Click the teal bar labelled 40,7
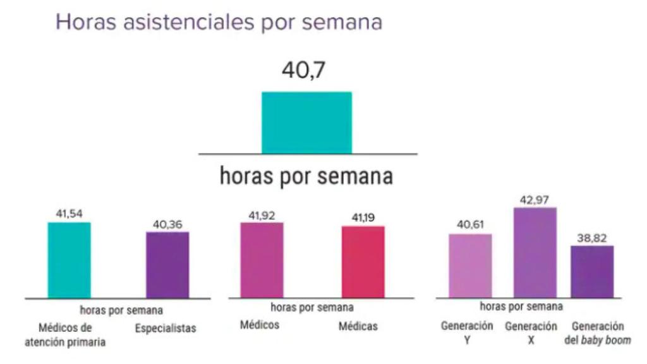coord(306,123)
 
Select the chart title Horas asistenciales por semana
coord(219,21)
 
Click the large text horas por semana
coord(306,176)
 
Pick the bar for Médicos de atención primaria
coord(70,260)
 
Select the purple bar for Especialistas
coord(167,265)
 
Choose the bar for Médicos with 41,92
coord(262,260)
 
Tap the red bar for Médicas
coord(363,262)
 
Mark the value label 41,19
coord(364,218)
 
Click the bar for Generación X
coord(535,252)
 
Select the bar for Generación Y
coord(470,265)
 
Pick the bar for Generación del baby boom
coord(592,271)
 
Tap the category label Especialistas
coord(166,329)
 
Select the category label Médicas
coord(358,327)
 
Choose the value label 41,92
coord(262,215)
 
